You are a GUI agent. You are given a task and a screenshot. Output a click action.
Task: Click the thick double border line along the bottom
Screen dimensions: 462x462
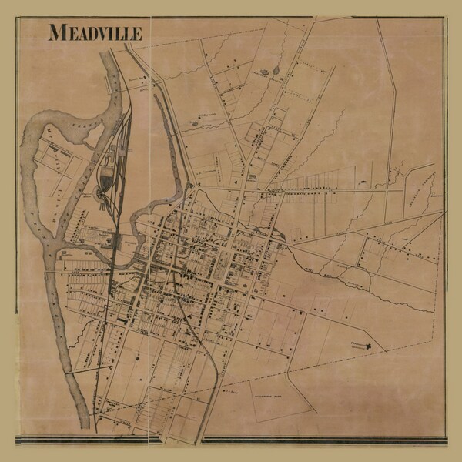click(231, 441)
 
